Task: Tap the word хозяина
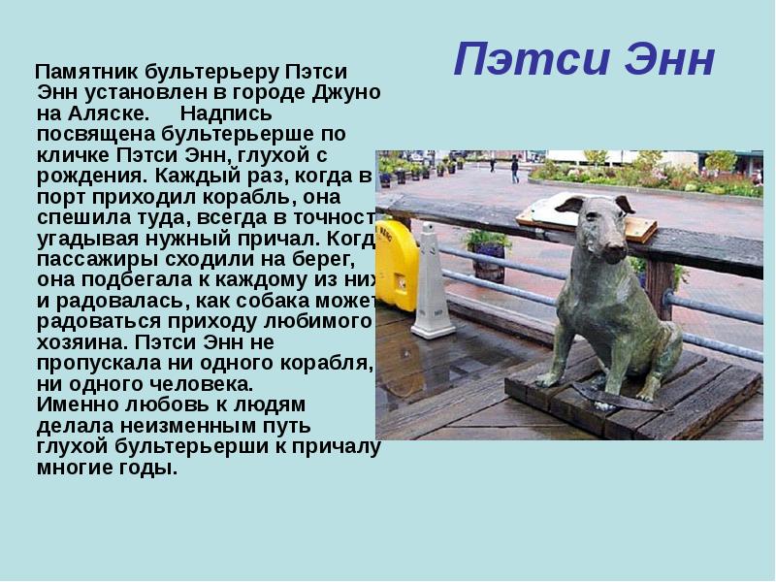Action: [78, 342]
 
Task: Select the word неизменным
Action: [160, 425]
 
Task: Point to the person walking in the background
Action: [514, 170]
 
